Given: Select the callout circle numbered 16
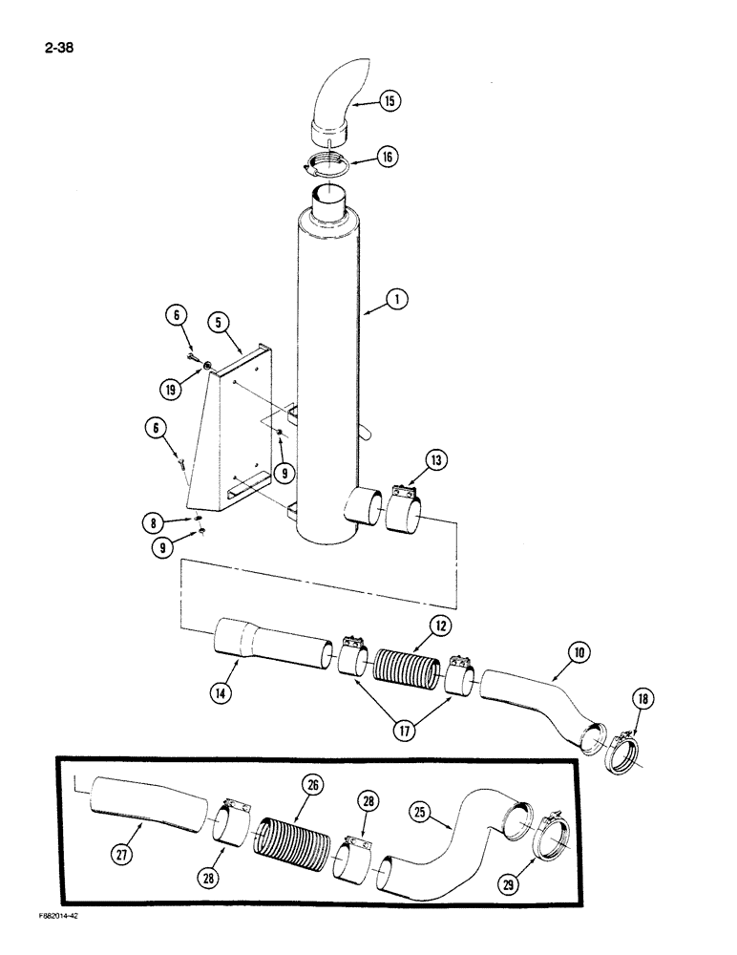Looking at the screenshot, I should pos(387,158).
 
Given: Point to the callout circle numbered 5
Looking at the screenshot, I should pos(220,323).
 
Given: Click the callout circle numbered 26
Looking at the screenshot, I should pos(314,785).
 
